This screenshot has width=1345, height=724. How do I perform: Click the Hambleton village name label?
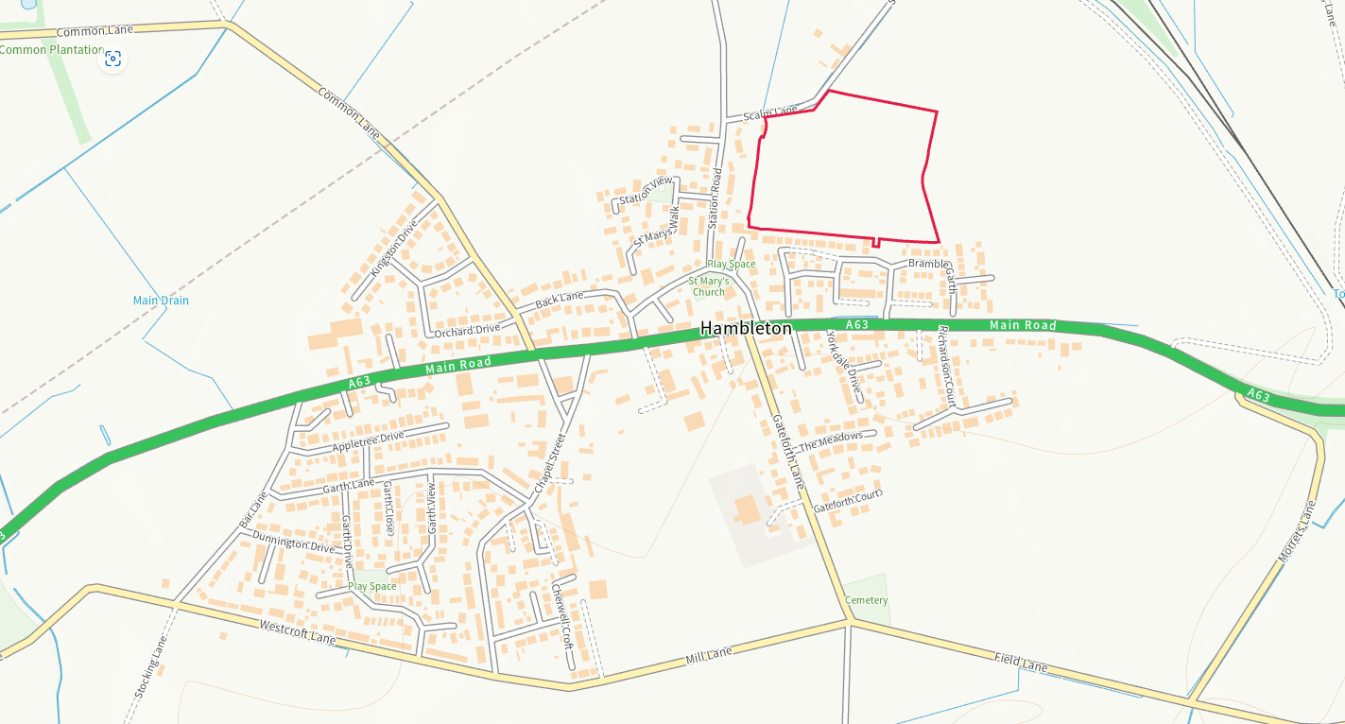[x=746, y=329]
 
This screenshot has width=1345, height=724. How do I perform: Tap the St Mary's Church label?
[x=708, y=286]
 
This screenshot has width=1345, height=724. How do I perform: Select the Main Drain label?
[x=161, y=301]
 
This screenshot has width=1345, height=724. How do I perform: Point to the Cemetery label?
[x=866, y=600]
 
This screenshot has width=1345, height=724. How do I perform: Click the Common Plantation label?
[x=51, y=49]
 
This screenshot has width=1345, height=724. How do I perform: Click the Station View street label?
[x=646, y=189]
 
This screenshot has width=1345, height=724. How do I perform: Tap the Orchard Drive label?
[x=467, y=330]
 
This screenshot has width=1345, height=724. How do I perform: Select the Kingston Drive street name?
[x=393, y=248]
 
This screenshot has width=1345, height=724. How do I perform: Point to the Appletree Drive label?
[x=368, y=441]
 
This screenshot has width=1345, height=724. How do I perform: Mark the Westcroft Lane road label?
[x=297, y=632]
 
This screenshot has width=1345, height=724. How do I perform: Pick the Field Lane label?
[x=1021, y=662]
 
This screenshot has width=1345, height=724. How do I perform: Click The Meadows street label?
[x=831, y=441]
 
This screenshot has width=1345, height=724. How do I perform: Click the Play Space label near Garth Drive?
[x=372, y=586]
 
